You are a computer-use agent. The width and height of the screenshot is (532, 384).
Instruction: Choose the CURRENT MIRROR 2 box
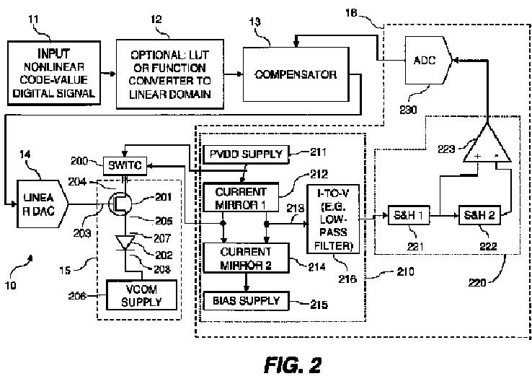pyautogui.click(x=245, y=256)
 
